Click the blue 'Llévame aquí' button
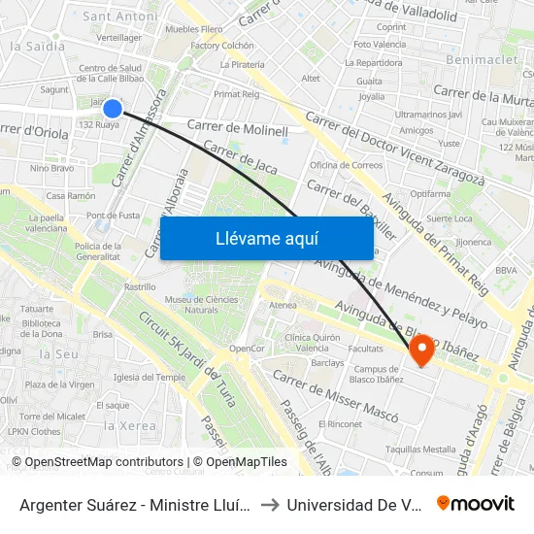tap(266, 238)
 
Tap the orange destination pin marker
tap(422, 350)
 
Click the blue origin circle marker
tap(113, 109)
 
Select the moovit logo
tap(476, 503)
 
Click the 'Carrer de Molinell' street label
tap(238, 128)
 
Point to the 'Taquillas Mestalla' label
tap(420, 450)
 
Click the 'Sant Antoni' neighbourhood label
tap(121, 17)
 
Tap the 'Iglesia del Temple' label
tap(149, 377)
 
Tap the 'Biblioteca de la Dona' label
tap(41, 328)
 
